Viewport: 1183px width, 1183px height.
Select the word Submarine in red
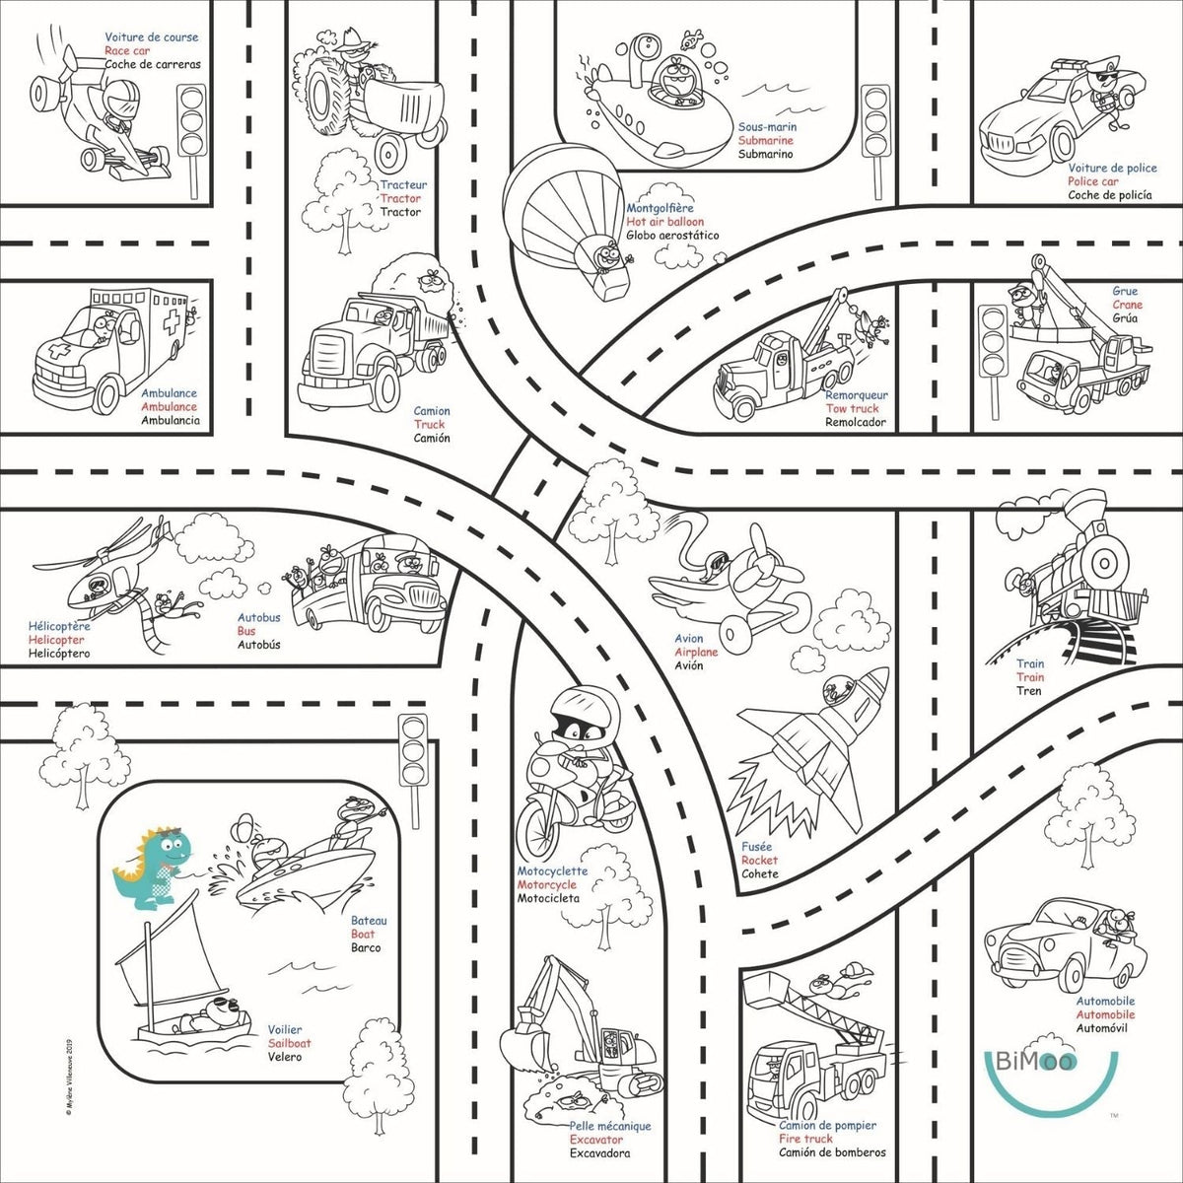coord(765,141)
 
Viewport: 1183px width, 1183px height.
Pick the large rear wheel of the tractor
coord(328,94)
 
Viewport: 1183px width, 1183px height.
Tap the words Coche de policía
coord(1109,195)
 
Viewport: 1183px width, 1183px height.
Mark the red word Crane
coord(1127,305)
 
